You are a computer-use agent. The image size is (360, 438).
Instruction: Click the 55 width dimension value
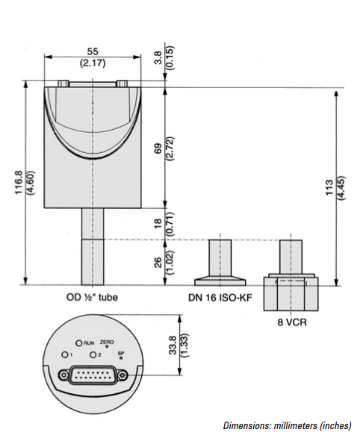click(93, 51)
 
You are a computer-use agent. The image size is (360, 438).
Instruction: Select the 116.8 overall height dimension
click(19, 182)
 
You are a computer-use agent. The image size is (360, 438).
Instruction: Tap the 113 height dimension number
click(330, 187)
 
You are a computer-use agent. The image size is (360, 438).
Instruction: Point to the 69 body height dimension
click(158, 148)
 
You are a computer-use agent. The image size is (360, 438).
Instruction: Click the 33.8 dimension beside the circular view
click(173, 345)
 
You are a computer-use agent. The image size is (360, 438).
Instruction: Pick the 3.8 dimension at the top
click(158, 57)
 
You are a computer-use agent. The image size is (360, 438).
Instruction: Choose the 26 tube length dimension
click(158, 263)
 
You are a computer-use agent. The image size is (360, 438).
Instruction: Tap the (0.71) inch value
click(170, 224)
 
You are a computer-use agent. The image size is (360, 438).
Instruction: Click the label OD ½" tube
click(92, 297)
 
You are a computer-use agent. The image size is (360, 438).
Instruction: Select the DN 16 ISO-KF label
click(220, 298)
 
